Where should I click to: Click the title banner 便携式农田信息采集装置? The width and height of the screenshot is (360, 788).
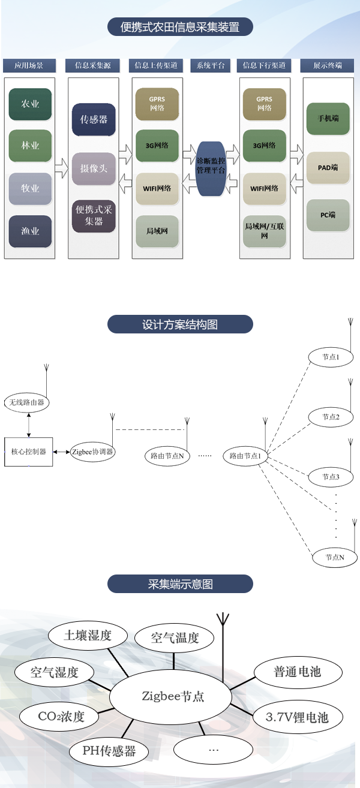coord(180,28)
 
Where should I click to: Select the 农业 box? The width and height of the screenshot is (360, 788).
coord(30,104)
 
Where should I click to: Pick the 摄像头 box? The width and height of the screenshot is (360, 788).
coord(94,169)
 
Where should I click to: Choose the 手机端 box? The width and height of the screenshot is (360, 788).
coord(328,119)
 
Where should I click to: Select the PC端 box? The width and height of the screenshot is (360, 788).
coord(328,215)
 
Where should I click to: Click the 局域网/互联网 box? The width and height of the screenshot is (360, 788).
coord(265,231)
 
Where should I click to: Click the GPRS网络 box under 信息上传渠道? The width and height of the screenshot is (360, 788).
coord(157,104)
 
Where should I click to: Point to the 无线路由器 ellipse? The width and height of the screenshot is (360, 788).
coord(27,402)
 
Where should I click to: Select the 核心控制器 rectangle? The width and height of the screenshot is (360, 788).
coord(28,451)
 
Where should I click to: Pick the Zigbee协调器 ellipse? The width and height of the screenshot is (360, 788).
coord(92,452)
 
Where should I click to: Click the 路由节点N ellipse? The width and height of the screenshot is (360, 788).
coord(167,456)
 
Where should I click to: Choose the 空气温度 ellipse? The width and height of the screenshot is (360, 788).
coord(175,638)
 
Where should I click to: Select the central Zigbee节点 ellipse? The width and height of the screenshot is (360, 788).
coord(173,696)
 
